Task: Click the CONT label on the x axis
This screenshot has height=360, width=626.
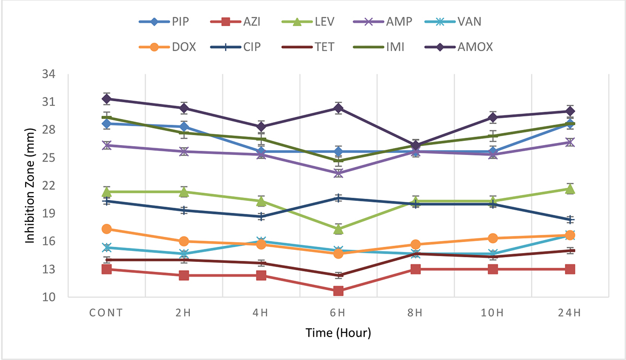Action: point(106,313)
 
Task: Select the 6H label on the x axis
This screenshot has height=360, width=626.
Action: point(338,313)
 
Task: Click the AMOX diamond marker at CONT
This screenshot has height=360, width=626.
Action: point(106,99)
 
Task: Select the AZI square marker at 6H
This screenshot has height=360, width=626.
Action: point(338,291)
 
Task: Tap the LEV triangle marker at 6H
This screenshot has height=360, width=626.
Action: point(338,229)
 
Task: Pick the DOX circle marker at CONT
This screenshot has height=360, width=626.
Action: point(106,229)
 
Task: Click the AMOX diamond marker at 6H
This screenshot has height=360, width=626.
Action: point(338,108)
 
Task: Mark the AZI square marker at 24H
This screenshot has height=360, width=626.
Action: point(570,269)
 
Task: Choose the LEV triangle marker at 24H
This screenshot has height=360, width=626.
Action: point(570,189)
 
